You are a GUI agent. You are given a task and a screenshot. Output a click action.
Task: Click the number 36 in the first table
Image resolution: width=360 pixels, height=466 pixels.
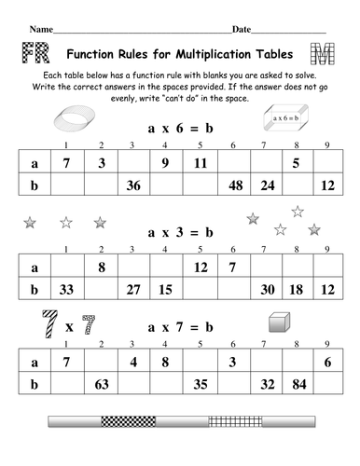[x=133, y=185]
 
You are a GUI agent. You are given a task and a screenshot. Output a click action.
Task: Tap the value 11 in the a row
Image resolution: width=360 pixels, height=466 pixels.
[x=199, y=163]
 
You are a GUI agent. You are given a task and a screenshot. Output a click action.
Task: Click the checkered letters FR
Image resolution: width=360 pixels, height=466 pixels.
[x=33, y=52]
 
